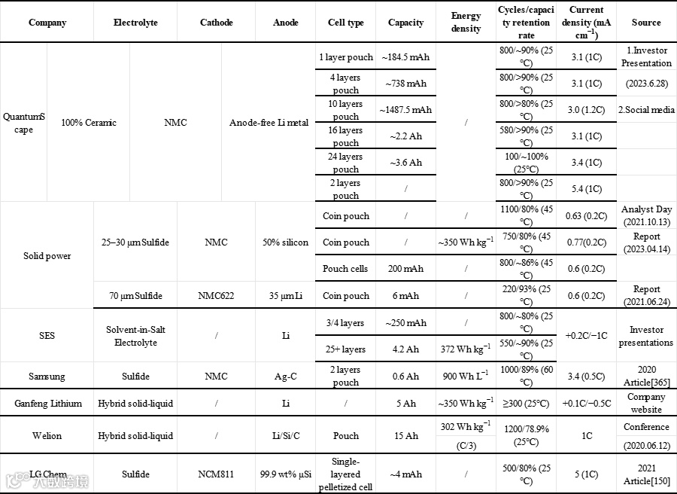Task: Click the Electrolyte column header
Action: (x=135, y=23)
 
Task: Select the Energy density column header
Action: (x=466, y=23)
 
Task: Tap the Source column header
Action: (x=646, y=23)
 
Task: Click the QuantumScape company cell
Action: (x=24, y=123)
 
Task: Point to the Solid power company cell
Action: (x=47, y=256)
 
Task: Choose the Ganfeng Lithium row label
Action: (x=47, y=404)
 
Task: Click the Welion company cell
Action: (x=47, y=436)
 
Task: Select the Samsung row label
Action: (x=47, y=377)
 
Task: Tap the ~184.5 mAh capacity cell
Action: (x=405, y=57)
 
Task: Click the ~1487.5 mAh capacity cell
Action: (x=405, y=110)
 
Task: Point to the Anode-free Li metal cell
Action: (x=269, y=123)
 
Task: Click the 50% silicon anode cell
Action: (x=286, y=242)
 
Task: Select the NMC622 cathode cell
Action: (x=216, y=296)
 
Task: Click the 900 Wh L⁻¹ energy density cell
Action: (x=466, y=377)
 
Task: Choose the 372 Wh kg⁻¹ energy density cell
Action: (x=466, y=349)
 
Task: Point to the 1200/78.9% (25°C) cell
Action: (x=527, y=436)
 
